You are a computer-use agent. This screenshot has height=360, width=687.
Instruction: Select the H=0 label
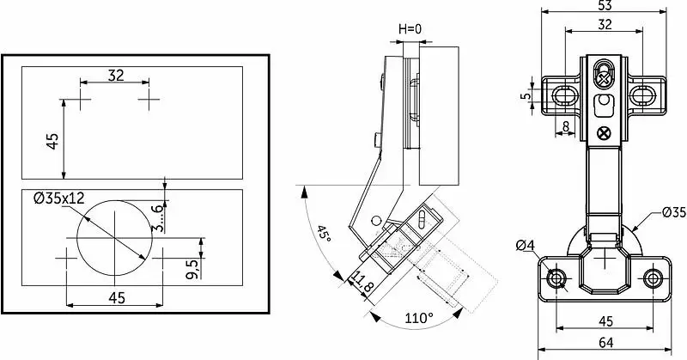pos(410,29)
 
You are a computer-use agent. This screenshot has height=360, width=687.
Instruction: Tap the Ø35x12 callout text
pos(59,198)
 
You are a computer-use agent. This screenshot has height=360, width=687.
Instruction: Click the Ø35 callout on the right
pos(673,212)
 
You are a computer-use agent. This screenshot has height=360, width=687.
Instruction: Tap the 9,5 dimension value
pos(192,267)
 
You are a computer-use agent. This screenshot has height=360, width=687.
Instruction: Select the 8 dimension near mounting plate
pos(565,126)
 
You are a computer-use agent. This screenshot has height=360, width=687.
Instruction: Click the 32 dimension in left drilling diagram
pos(116,76)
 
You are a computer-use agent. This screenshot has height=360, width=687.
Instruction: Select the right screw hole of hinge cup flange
pos(653,278)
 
